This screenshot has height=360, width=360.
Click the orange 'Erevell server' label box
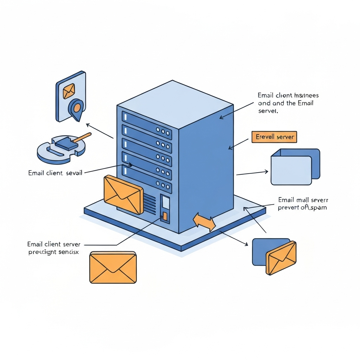[274, 137]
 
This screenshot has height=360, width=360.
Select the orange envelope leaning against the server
[123, 195]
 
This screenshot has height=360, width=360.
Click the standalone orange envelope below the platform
[113, 268]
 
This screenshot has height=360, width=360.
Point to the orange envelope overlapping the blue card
[281, 258]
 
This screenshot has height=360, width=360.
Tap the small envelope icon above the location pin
[69, 91]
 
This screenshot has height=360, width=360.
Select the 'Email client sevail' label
[55, 173]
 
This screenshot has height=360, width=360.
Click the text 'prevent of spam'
[302, 207]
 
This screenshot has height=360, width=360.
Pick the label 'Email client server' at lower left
[54, 244]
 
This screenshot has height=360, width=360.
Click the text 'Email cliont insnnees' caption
[288, 95]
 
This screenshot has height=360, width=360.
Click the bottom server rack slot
[147, 179]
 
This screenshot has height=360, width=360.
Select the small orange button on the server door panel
[165, 216]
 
